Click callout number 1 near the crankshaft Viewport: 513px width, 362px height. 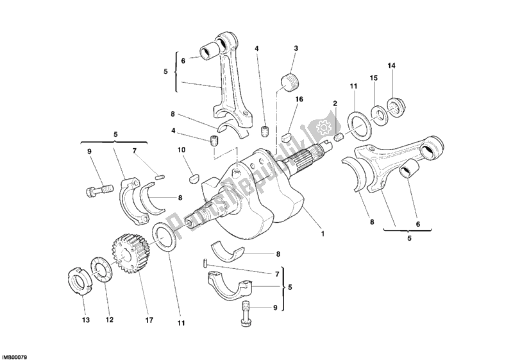[323, 234]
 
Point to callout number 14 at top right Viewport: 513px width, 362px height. [391, 65]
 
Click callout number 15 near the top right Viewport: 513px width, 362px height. [373, 78]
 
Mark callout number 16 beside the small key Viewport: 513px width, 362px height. [299, 101]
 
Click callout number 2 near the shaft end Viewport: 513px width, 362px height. [335, 103]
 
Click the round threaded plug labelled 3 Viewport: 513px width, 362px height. [292, 82]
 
